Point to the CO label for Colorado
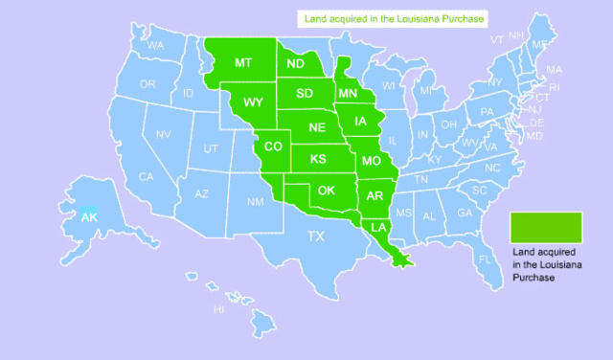273,146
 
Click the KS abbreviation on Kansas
317,158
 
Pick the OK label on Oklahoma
327,190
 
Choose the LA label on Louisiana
379,228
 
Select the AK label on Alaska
88,218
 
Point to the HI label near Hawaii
219,309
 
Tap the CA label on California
147,177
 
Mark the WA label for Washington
155,46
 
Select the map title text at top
393,18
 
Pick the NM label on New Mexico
255,203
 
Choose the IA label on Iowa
360,122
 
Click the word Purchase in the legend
534,277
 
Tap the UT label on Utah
211,149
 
